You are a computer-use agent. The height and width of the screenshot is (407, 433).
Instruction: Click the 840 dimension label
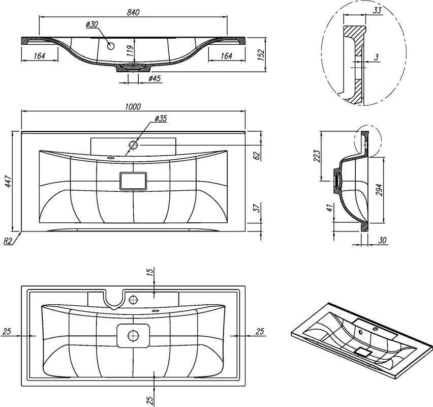(x=133, y=12)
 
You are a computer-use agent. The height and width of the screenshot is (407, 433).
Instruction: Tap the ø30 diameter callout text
(x=92, y=24)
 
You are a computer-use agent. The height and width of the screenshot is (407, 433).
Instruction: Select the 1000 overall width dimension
(x=133, y=107)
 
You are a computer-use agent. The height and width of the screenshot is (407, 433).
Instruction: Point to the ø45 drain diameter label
(x=154, y=78)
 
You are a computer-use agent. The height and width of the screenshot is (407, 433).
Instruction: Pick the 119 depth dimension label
(x=130, y=50)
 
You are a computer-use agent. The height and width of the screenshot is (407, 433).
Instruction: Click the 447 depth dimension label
(x=8, y=181)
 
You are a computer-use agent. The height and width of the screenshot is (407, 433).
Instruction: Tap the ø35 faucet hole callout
(x=161, y=119)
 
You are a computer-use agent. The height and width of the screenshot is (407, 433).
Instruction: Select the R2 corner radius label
(x=8, y=241)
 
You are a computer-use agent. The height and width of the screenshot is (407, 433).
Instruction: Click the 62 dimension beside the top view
(x=257, y=155)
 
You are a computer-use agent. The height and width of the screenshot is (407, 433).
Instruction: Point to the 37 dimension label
(x=257, y=208)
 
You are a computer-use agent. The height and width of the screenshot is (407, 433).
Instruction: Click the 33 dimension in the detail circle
(x=377, y=11)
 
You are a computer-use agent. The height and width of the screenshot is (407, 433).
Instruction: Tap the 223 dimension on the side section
(x=317, y=156)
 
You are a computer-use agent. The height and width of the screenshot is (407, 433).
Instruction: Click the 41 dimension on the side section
(x=329, y=208)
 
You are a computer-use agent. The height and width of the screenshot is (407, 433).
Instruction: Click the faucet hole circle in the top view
(x=133, y=144)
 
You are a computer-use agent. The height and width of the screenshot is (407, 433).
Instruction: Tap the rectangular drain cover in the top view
(x=133, y=181)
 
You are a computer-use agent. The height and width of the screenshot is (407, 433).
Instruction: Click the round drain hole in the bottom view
(x=133, y=336)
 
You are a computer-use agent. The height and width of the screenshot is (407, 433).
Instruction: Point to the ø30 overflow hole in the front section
(x=111, y=46)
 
